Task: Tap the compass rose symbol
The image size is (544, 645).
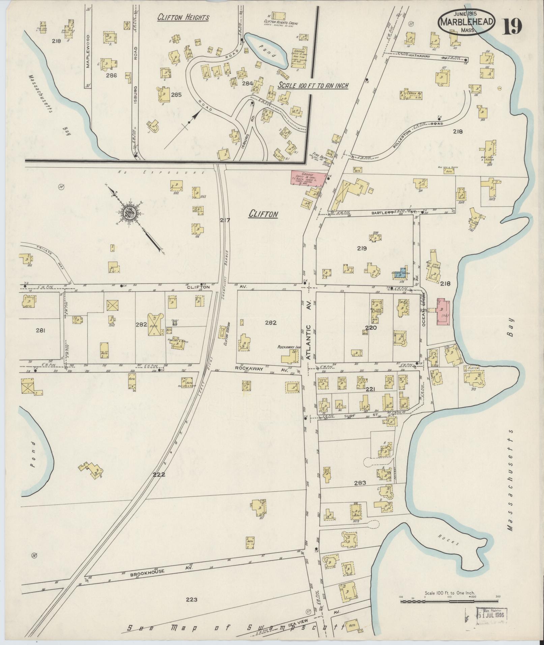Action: point(130,213)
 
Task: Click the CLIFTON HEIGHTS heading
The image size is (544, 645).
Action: point(183,18)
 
